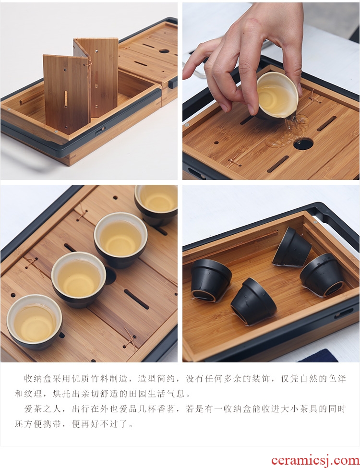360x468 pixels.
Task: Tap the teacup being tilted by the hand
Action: tap(277, 96)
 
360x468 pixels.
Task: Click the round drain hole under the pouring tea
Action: tap(303, 144)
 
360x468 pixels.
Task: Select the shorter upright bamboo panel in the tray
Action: tap(67, 93)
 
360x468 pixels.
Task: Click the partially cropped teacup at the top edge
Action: tap(156, 203)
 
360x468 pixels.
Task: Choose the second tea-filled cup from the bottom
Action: tap(79, 279)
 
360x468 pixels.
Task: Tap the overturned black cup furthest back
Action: tap(291, 247)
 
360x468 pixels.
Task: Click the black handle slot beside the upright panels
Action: tap(100, 131)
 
